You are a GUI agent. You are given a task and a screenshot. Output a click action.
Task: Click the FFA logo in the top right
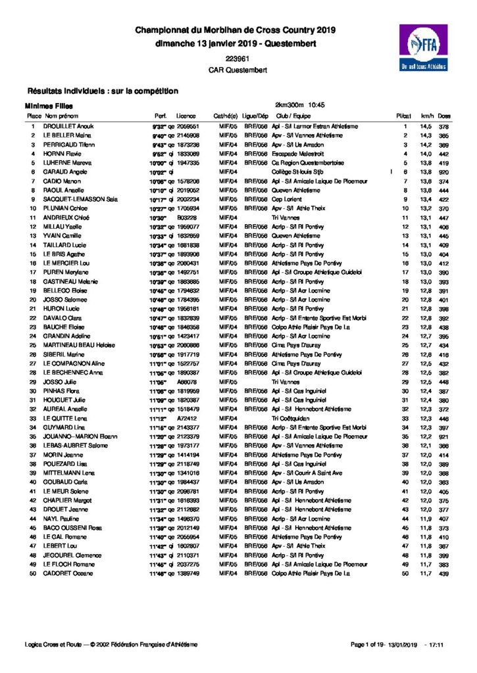422,48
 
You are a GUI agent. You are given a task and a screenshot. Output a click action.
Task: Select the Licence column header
186,116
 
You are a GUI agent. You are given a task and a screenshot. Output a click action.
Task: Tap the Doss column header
444,116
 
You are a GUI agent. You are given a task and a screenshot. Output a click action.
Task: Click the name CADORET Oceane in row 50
67,573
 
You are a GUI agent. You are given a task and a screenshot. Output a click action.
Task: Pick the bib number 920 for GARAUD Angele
444,172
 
